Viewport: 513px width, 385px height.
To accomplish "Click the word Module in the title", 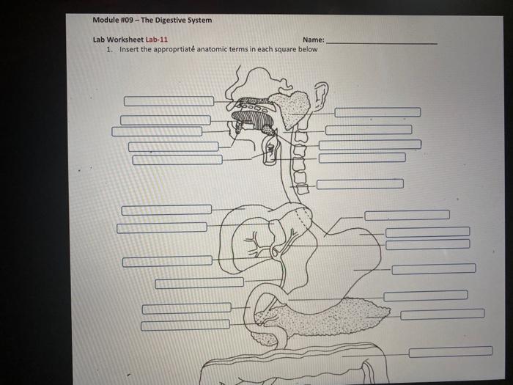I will (106, 20).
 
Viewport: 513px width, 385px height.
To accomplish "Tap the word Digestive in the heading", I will (171, 20).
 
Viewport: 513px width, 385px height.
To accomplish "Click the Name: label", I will (312, 40).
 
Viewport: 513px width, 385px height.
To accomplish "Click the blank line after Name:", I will (381, 43).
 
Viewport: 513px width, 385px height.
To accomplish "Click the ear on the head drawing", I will (320, 95).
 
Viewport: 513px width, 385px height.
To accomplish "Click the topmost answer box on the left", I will (169, 101).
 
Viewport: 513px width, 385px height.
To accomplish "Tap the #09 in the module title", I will (133, 20).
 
